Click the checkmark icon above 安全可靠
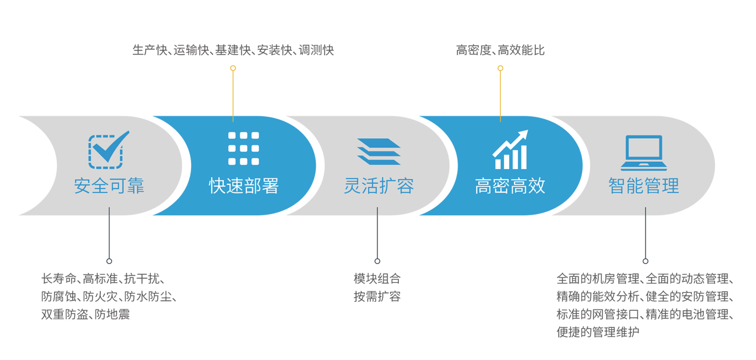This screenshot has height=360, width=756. [109, 150]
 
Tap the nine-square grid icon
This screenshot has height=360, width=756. [244, 148]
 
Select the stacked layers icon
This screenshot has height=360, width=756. [379, 151]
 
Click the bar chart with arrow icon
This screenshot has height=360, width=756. [510, 149]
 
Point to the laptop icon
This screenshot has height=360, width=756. [644, 153]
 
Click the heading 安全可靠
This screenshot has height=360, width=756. [109, 186]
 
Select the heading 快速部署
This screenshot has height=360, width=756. [244, 186]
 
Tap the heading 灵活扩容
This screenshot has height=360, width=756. [379, 186]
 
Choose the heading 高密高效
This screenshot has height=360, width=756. [510, 186]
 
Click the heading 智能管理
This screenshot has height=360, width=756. [644, 186]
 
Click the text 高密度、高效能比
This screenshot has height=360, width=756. [500, 50]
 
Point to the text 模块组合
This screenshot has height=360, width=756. [377, 279]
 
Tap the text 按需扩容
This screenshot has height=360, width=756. [377, 297]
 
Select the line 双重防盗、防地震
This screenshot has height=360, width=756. [85, 314]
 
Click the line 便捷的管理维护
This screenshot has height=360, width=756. [598, 332]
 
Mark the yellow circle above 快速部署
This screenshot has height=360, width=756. [233, 68]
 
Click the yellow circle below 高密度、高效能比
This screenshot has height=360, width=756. [500, 68]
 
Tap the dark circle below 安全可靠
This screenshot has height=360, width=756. [109, 261]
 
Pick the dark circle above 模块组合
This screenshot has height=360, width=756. [377, 261]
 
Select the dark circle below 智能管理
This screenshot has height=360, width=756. [645, 261]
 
